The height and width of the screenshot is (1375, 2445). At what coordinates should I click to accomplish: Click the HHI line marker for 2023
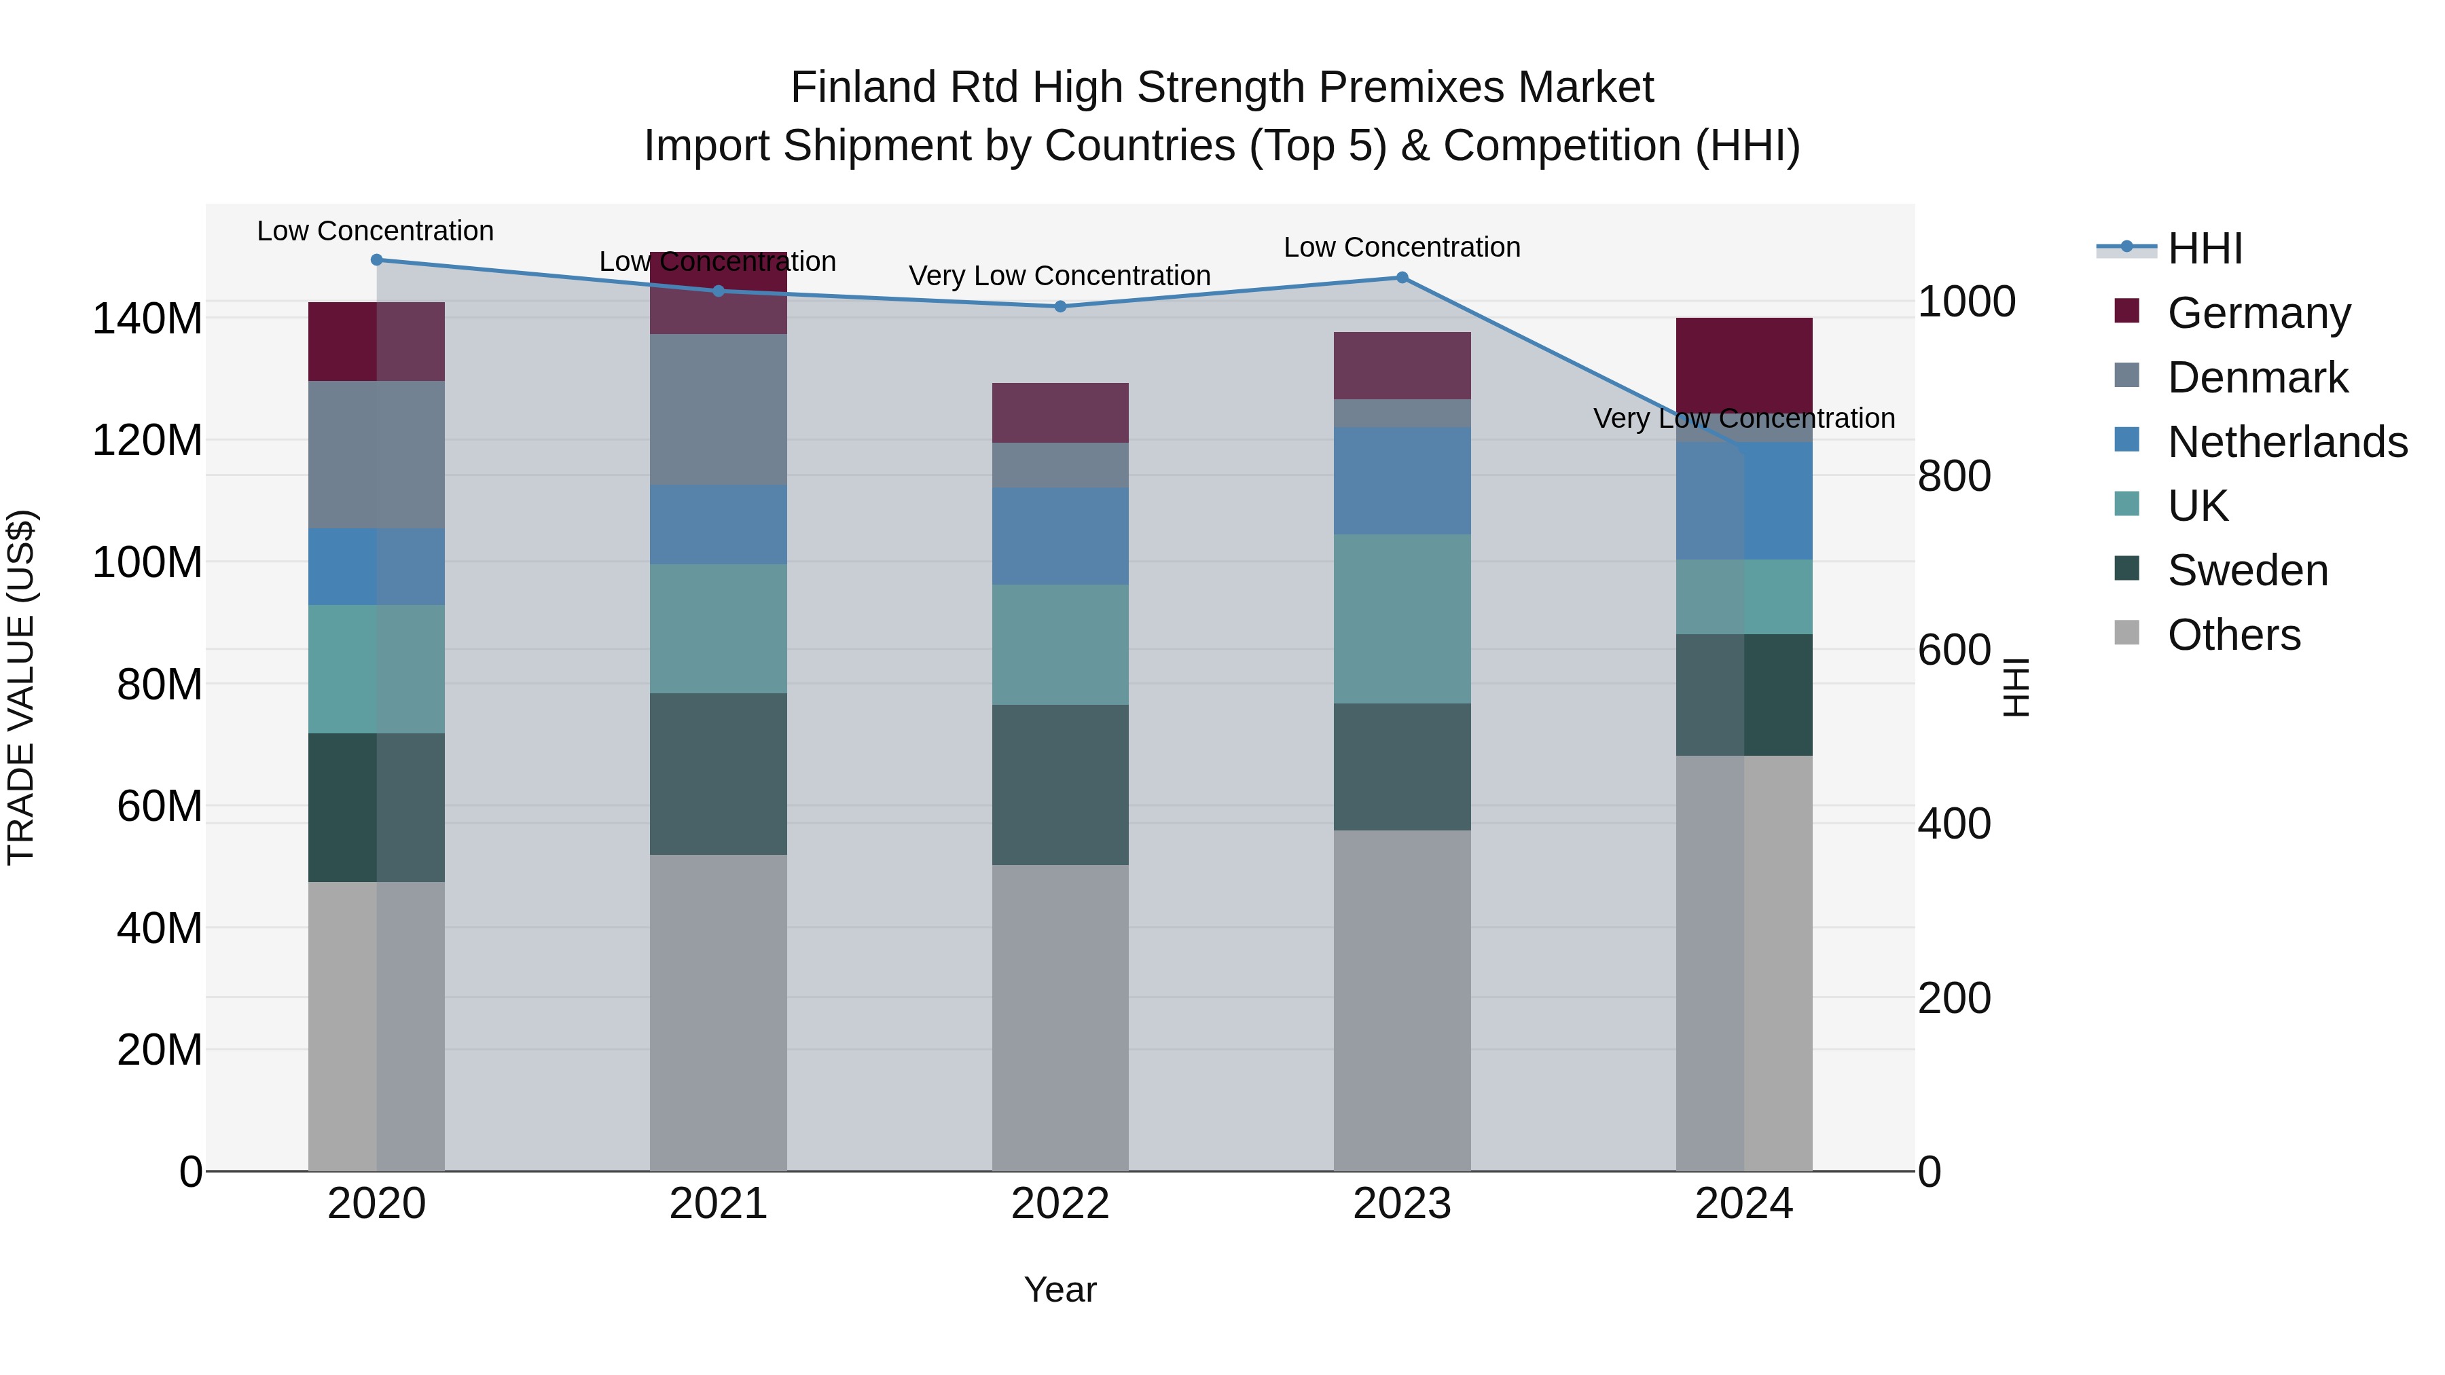pos(1402,278)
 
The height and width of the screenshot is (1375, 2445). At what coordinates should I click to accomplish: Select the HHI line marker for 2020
pos(377,260)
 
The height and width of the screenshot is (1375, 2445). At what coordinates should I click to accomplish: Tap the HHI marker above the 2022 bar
pos(1060,306)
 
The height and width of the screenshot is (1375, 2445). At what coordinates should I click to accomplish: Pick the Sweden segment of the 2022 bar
pos(1060,785)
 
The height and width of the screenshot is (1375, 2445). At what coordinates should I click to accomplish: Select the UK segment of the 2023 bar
pos(1402,619)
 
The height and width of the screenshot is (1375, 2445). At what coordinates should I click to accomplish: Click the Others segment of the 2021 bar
pos(719,1012)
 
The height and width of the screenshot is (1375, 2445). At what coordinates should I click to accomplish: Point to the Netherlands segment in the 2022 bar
pos(1060,536)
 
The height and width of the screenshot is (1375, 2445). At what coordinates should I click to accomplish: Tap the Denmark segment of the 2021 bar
pos(719,410)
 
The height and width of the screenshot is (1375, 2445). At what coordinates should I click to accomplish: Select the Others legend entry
pos(2233,635)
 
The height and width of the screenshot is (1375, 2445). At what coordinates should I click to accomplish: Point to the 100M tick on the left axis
pos(147,563)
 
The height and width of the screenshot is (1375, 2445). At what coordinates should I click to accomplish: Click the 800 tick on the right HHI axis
pos(1953,477)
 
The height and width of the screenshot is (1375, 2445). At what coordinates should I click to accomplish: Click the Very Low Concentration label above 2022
pos(1059,276)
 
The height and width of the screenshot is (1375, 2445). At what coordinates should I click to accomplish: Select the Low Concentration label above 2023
pos(1402,248)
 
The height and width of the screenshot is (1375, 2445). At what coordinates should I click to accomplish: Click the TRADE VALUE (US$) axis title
pos(21,687)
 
